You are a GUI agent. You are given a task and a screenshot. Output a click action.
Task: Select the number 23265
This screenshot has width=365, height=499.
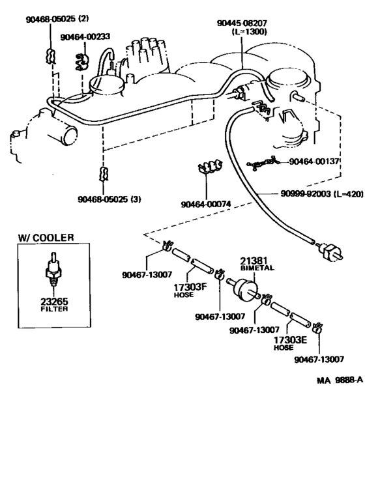pos(50,302)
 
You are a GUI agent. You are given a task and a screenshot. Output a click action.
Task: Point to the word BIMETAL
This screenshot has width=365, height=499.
pos(257,267)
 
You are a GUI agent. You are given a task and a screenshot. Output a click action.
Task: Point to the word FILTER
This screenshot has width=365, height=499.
pos(50,310)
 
